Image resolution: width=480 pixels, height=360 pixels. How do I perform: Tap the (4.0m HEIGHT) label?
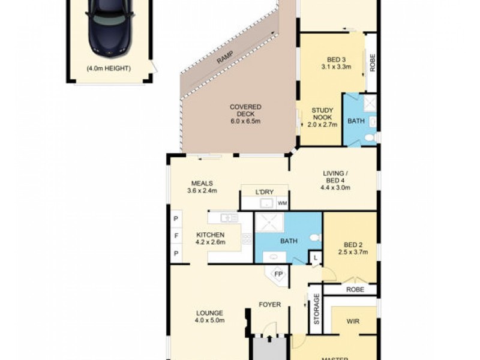(x=109, y=68)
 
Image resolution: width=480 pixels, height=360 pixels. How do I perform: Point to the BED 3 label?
(x=336, y=63)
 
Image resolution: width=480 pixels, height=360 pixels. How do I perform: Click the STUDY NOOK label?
(x=322, y=118)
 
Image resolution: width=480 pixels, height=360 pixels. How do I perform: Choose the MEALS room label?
(x=202, y=187)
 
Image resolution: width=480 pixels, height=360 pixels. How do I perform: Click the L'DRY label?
(x=265, y=192)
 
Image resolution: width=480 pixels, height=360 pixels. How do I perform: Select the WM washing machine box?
(x=282, y=203)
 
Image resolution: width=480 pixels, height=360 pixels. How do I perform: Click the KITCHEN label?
(x=210, y=238)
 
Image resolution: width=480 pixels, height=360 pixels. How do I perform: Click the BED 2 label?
(x=352, y=248)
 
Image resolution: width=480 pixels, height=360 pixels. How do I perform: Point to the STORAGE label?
(x=316, y=309)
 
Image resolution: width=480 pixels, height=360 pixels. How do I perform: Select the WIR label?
(x=353, y=321)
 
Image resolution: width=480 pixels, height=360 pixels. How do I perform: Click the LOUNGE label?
(x=209, y=316)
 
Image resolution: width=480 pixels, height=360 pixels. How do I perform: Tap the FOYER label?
(x=270, y=305)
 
